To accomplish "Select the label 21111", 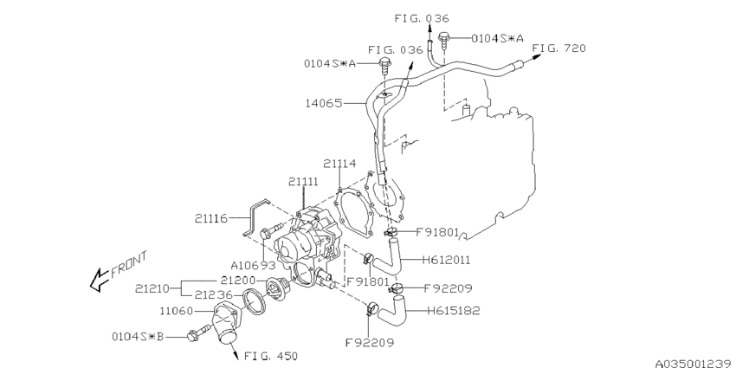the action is point(303,181).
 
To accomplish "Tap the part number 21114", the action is point(339,164).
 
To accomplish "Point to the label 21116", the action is point(211,218).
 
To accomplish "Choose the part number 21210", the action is point(152,288).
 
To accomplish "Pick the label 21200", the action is point(238,281).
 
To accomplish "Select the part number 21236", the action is point(214,294).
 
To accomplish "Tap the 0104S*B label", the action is point(138,336).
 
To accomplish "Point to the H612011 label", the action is point(446,260).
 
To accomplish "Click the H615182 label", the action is point(454,311).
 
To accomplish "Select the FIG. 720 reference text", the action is point(559,48).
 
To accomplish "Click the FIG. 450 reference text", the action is point(271,356).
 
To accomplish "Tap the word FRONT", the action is point(129,265).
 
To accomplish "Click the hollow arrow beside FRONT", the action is point(100,280).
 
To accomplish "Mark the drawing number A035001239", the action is point(695,364).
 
